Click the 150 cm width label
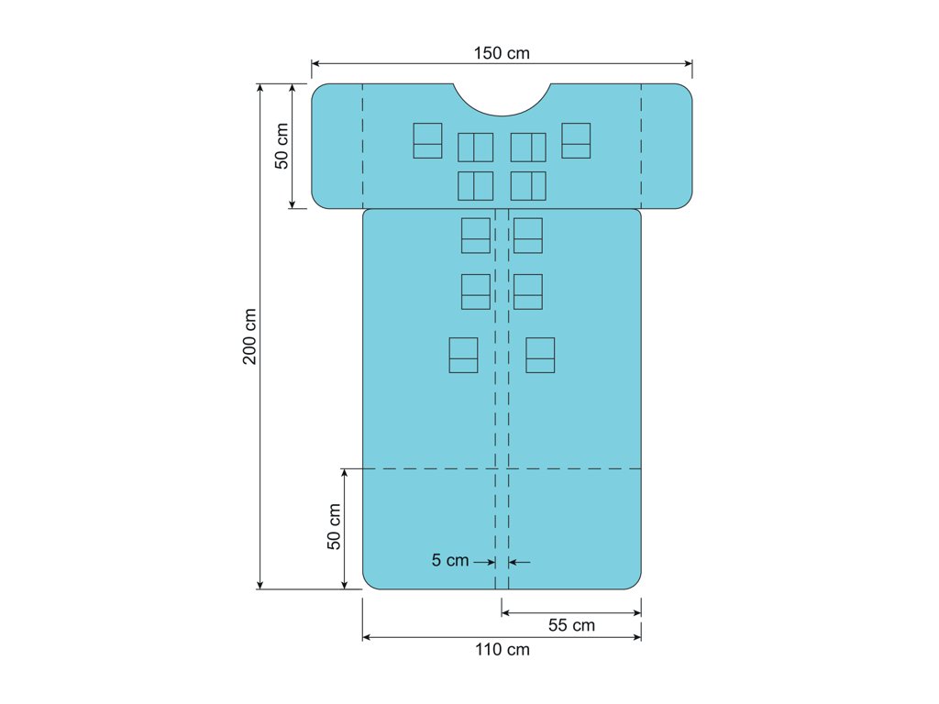(502, 53)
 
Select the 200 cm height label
(249, 336)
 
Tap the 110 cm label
(503, 650)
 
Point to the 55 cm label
(571, 625)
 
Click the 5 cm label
(450, 560)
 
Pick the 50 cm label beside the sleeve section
(282, 146)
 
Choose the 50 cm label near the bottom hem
(334, 526)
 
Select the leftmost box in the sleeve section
(427, 140)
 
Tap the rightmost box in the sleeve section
(576, 140)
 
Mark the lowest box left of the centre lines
(463, 355)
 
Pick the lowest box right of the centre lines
(540, 355)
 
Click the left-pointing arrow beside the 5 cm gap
(519, 562)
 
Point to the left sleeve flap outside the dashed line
(337, 146)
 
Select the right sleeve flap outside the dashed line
(668, 146)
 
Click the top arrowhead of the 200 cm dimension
(260, 88)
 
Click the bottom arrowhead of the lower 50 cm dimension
(345, 585)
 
